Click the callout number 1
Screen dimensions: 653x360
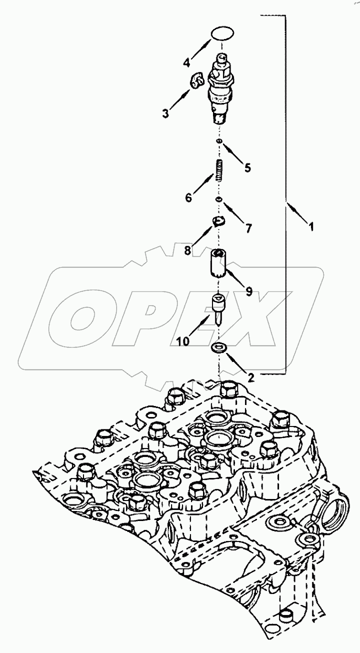(311, 226)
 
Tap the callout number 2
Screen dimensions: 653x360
(251, 377)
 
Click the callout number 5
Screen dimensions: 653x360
(247, 168)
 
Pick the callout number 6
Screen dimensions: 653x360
(188, 198)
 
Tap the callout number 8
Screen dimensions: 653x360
(187, 249)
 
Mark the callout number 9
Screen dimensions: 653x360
(248, 291)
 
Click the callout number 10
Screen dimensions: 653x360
(182, 341)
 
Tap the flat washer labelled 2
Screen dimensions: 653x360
(218, 347)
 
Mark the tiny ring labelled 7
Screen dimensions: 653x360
(218, 200)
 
